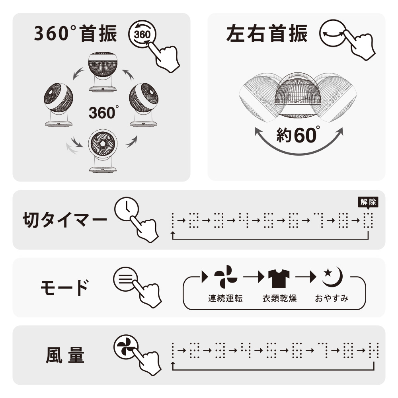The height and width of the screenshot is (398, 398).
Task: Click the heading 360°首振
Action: tap(76, 33)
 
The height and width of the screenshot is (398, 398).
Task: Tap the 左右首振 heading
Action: tap(267, 33)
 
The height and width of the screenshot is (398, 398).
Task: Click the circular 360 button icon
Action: tap(142, 34)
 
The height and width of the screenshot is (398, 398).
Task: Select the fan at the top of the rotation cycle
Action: tap(103, 72)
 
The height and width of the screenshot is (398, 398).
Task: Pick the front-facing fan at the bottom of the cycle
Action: tap(103, 151)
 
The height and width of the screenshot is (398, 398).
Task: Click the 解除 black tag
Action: tap(368, 202)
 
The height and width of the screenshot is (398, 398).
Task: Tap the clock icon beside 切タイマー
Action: tap(127, 209)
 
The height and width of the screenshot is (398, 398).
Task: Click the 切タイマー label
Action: tap(65, 220)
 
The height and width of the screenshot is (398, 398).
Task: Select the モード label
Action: tap(65, 287)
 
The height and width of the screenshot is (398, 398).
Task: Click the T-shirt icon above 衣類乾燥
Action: tap(279, 278)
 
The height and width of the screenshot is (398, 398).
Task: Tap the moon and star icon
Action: tap(333, 277)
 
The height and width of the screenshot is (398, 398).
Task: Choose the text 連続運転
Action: tap(225, 298)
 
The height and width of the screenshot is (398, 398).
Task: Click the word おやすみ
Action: tap(332, 298)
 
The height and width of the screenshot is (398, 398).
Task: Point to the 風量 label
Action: tap(65, 355)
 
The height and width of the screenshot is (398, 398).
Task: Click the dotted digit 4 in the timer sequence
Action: tap(244, 220)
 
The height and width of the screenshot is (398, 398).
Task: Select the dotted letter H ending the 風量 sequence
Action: tap(374, 350)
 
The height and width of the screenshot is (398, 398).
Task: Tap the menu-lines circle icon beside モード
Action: tap(125, 279)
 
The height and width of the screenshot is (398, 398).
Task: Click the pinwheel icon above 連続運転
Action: tap(226, 277)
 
